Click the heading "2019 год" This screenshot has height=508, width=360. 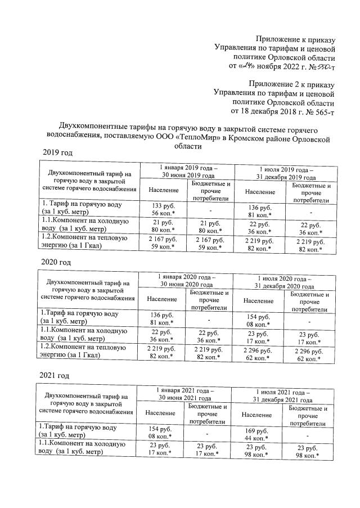58,153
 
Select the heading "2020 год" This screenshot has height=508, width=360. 57,262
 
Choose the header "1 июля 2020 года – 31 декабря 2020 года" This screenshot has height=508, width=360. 286,281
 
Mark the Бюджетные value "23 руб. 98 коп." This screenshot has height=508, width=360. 309,452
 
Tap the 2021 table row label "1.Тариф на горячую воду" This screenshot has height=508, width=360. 77,431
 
